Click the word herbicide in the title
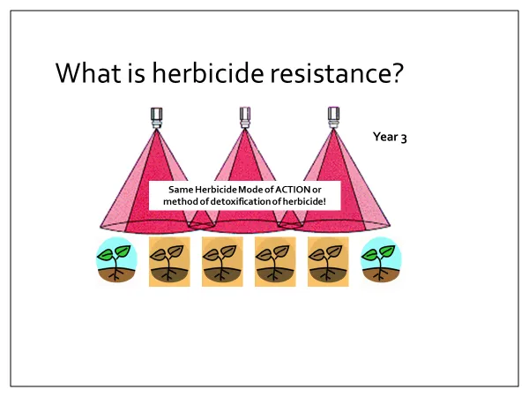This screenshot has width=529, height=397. tap(208, 72)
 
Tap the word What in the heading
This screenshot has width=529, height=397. tap(88, 72)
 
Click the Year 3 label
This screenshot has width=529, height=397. tap(390, 137)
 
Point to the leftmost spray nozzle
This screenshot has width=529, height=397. tap(157, 118)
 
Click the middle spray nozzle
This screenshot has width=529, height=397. tap(245, 117)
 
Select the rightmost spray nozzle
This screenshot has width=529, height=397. tap(333, 117)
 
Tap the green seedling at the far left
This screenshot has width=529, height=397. tap(116, 260)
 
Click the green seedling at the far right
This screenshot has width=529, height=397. tap(381, 260)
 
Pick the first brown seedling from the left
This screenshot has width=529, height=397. tap(169, 262)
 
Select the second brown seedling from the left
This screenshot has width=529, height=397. tap(222, 262)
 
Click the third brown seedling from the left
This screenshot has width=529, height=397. tap(275, 262)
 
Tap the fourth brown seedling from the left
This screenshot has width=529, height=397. tap(328, 262)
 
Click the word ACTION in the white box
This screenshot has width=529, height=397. tap(293, 190)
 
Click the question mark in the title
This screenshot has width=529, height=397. tap(398, 72)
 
